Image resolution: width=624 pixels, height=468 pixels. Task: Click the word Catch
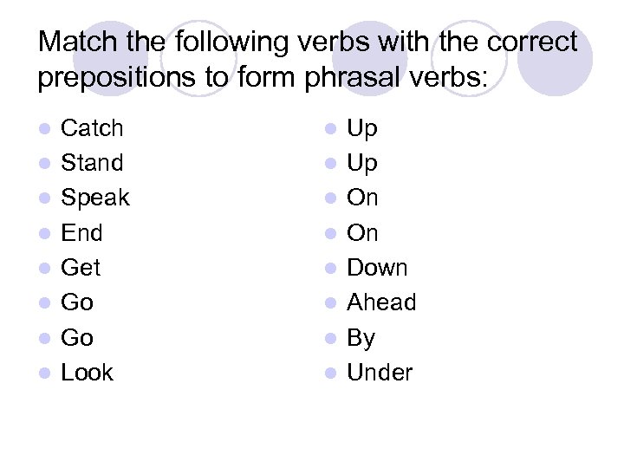(92, 128)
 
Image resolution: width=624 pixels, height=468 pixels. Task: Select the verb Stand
(92, 163)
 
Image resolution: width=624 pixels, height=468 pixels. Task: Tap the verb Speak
(94, 198)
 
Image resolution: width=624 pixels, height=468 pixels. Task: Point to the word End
(81, 233)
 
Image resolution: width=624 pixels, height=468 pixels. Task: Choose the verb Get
(81, 268)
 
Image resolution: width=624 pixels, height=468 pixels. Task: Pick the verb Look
(87, 373)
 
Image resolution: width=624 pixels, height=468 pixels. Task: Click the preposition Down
(377, 268)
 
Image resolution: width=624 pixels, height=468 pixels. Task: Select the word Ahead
(381, 302)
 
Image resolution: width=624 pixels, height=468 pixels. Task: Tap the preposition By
(361, 338)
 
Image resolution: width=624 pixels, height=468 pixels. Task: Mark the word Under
(380, 373)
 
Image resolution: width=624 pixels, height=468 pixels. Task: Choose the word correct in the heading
(530, 42)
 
